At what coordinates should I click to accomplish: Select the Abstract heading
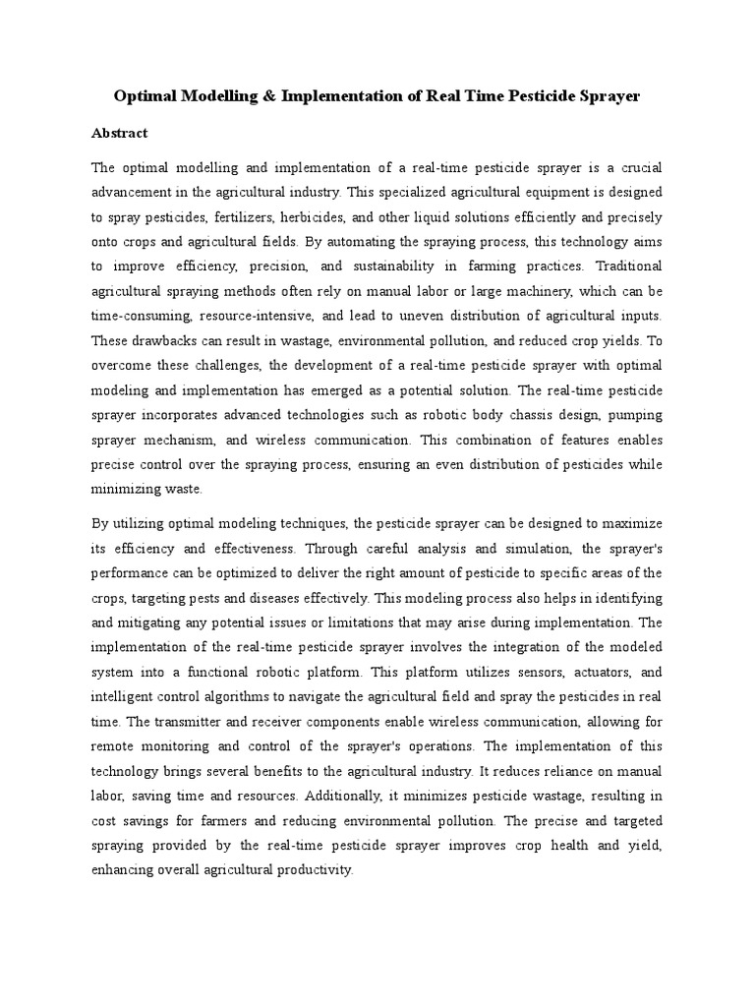tap(119, 133)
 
